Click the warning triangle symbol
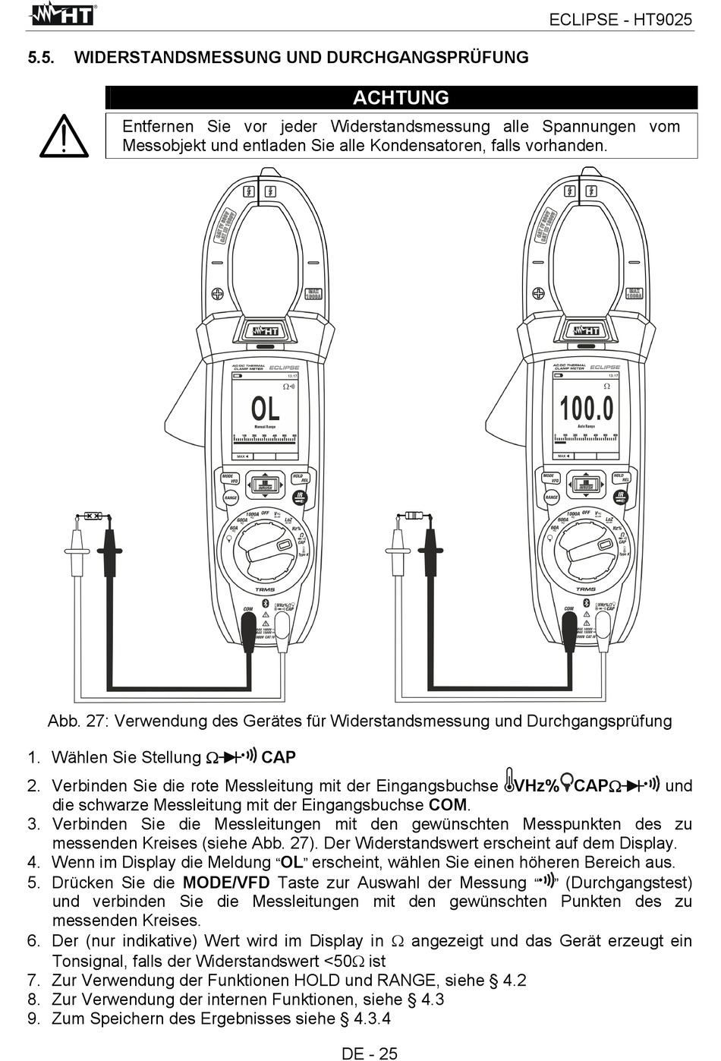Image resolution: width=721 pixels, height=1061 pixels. click(x=64, y=137)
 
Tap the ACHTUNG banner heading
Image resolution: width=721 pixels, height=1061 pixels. click(x=401, y=98)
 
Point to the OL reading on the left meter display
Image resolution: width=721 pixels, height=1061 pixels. click(x=265, y=410)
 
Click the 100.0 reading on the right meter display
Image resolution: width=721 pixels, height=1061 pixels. click(x=586, y=409)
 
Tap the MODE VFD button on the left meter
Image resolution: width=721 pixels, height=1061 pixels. click(x=230, y=478)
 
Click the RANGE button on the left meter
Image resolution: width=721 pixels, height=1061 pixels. click(x=231, y=498)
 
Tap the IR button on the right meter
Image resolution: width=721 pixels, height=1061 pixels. click(x=620, y=497)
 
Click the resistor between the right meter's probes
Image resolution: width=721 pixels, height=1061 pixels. click(x=414, y=516)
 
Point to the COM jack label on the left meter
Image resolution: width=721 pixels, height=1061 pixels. click(x=248, y=608)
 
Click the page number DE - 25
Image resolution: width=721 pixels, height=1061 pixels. click(x=370, y=1053)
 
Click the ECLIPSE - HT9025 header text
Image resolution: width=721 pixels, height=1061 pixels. click(x=620, y=21)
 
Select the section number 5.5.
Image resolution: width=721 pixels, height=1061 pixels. click(x=41, y=58)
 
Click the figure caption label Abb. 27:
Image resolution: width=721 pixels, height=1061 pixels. click(x=78, y=721)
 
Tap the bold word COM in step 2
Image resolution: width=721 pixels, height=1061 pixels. click(x=448, y=805)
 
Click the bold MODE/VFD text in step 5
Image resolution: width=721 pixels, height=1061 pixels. click(x=226, y=883)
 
